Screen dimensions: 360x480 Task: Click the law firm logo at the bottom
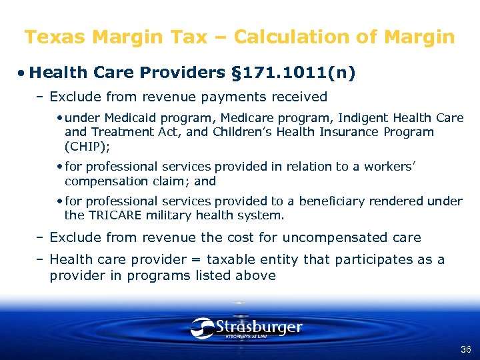[246, 328]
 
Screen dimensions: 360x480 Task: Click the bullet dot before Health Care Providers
[22, 73]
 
